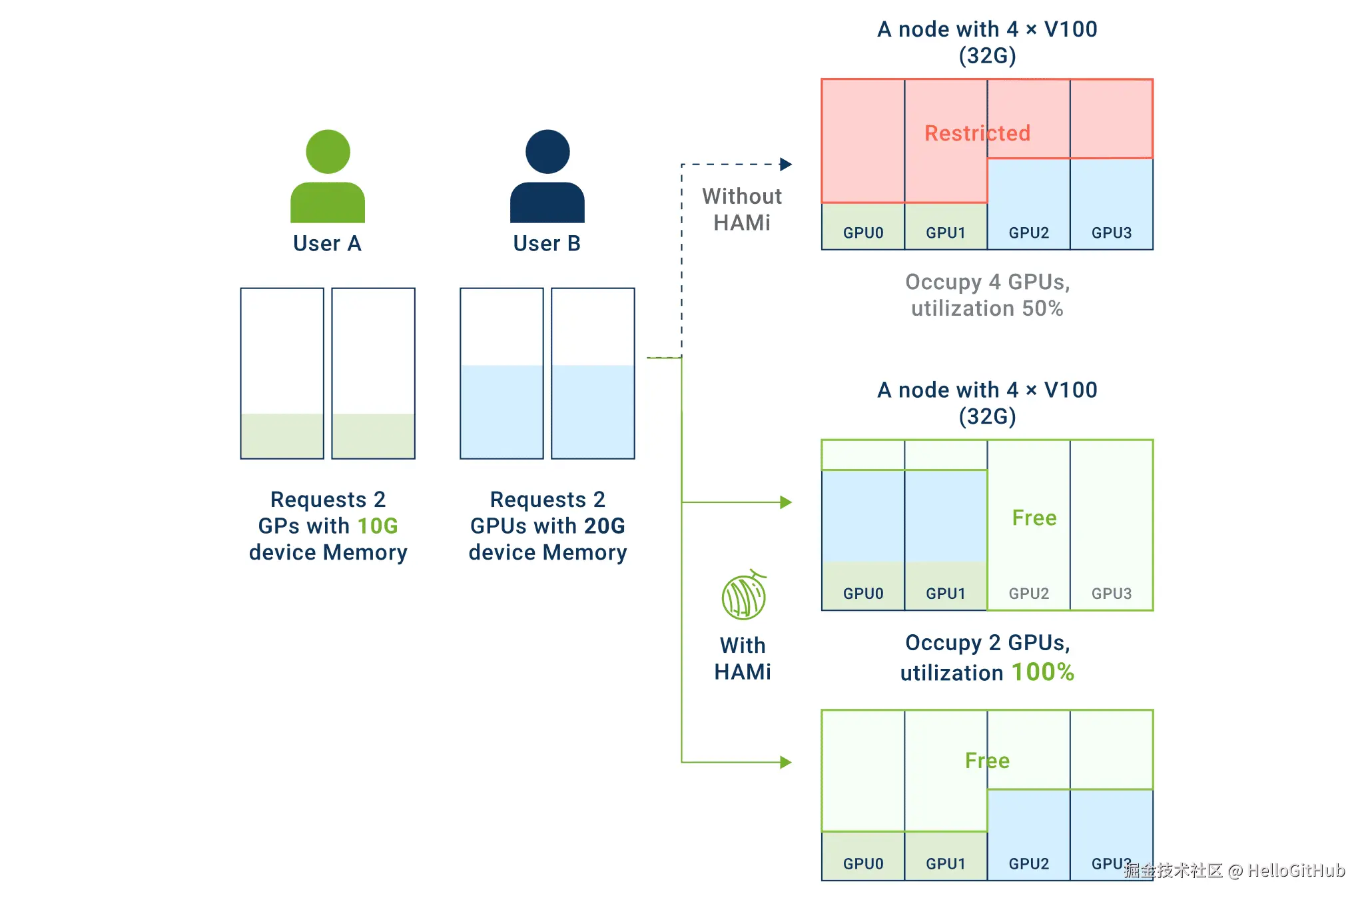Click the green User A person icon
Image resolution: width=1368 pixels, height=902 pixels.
click(328, 176)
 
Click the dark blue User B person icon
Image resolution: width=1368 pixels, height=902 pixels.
click(547, 176)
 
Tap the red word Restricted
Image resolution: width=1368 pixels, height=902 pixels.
click(977, 133)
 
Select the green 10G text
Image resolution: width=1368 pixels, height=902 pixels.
click(378, 526)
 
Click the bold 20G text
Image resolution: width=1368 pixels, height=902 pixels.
click(605, 526)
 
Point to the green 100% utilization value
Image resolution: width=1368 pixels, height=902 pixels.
click(1043, 672)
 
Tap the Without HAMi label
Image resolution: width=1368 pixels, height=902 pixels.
click(742, 209)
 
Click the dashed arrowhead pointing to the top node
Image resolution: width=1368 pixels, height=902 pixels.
click(786, 165)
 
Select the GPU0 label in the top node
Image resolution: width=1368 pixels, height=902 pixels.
click(863, 233)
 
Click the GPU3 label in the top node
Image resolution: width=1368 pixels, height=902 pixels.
click(1112, 233)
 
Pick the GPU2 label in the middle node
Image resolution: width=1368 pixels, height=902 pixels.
click(1029, 594)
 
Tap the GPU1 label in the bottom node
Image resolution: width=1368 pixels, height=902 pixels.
click(946, 864)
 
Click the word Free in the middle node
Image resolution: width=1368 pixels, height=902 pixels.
click(1034, 518)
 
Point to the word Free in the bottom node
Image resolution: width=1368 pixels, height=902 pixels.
click(987, 761)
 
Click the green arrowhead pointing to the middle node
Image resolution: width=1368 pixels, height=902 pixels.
click(786, 502)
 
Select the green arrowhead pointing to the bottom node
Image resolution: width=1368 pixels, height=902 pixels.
click(786, 762)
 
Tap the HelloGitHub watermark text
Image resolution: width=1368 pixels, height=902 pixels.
click(1296, 871)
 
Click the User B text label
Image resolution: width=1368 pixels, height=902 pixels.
click(547, 244)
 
